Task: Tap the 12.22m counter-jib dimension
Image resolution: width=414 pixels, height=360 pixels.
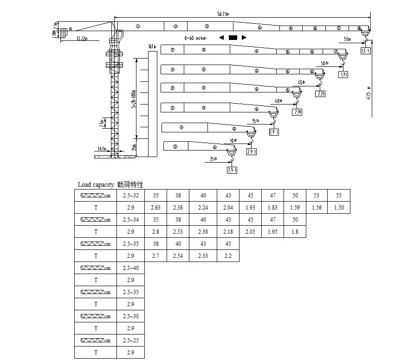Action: (81, 38)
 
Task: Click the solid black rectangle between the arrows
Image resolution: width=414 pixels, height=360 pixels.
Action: (233, 37)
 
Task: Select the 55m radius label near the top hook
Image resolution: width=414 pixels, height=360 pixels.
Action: (348, 39)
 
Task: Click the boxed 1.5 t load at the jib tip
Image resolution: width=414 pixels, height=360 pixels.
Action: (365, 51)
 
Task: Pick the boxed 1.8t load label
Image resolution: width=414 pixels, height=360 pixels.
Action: (344, 74)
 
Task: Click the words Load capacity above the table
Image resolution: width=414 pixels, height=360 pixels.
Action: (95, 184)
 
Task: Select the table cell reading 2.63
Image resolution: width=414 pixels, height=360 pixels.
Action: (155, 207)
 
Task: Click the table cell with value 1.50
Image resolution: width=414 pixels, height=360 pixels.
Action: (339, 207)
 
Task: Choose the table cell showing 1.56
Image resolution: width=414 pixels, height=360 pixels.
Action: (316, 207)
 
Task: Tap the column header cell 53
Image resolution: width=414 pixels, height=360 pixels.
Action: (316, 196)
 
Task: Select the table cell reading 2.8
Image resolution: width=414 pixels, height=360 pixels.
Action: (155, 231)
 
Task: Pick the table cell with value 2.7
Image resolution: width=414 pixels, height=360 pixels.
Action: (155, 255)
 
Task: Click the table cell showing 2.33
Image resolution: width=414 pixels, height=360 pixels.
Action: (203, 255)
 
